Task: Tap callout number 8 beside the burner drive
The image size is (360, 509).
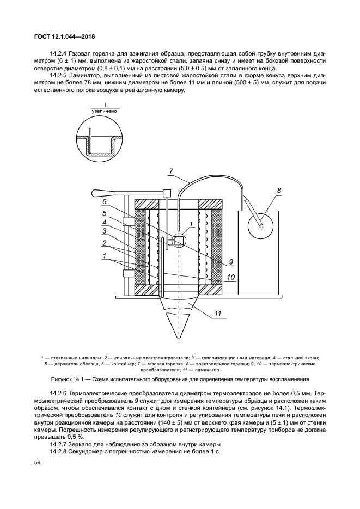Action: (279, 191)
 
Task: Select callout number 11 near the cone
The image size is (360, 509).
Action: (217, 312)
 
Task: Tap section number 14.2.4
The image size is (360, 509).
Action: (60, 54)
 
